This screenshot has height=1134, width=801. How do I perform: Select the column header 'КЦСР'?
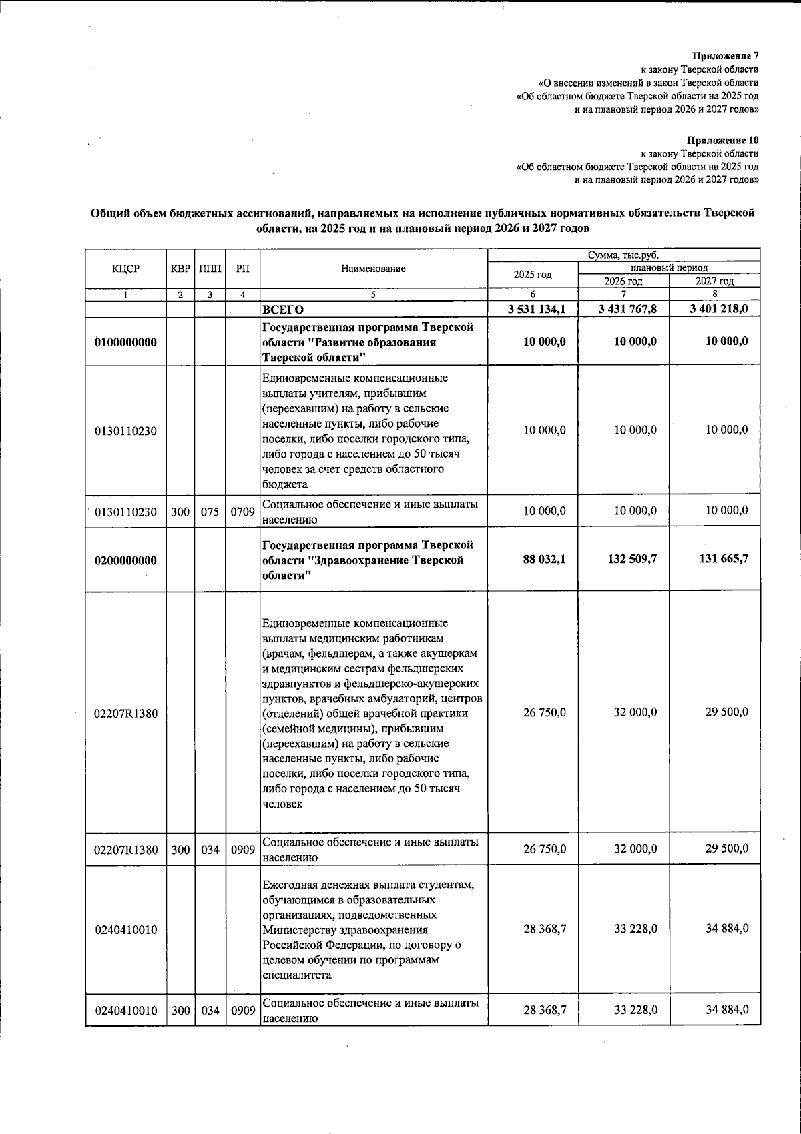126,269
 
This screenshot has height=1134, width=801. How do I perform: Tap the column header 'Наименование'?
373,269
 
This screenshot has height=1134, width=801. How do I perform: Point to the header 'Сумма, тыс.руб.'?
623,255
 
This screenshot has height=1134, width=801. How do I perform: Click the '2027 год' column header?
714,281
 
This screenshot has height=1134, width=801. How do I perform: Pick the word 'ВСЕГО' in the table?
283,310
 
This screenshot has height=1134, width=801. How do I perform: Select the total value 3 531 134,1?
537,309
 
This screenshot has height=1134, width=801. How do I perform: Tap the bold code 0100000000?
126,342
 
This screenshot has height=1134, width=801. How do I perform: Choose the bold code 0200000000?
126,560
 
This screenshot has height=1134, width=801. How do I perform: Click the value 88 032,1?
544,559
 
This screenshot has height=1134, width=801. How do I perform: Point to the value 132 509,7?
631,559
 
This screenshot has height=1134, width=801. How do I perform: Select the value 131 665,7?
723,559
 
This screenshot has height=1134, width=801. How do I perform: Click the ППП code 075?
210,512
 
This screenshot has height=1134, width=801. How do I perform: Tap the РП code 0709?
243,512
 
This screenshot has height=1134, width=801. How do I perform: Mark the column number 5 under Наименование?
373,294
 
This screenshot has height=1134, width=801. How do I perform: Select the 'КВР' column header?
180,269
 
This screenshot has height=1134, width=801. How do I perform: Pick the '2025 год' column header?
533,275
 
